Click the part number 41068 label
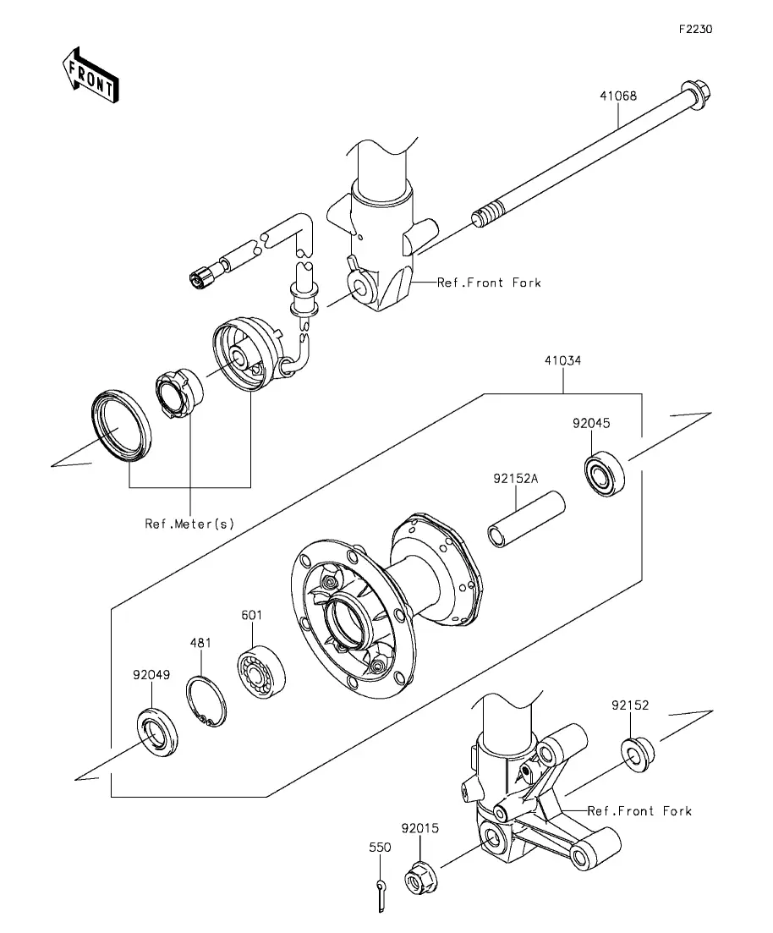[x=618, y=96]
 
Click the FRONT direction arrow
[x=91, y=75]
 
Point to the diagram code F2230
[x=696, y=29]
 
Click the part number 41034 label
[x=563, y=360]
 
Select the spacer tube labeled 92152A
[x=527, y=519]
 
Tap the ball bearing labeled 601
[x=261, y=672]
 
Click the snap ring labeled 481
[x=206, y=702]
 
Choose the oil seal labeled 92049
[x=157, y=732]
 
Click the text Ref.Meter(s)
[x=189, y=524]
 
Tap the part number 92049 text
[x=151, y=675]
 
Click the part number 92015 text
[x=420, y=828]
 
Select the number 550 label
[x=381, y=848]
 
